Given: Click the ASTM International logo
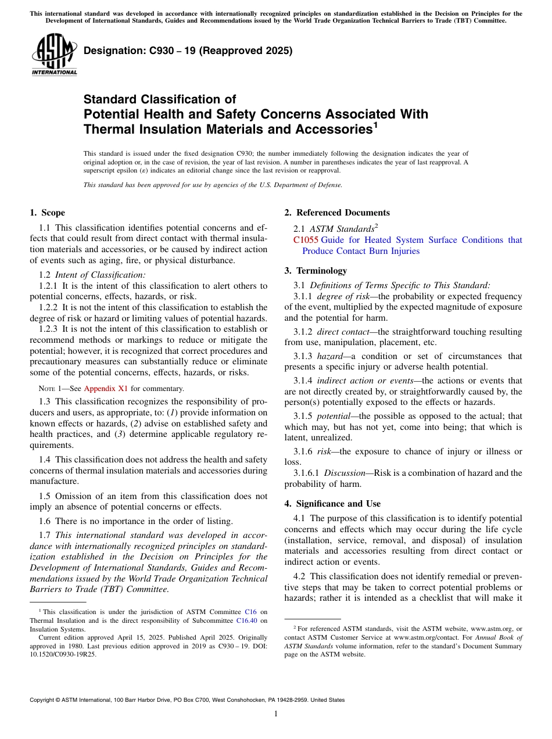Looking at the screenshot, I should [54, 55].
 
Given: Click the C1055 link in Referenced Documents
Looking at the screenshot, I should [306, 240].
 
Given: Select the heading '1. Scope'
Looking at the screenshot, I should [47, 213].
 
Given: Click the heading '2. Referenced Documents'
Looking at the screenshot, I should [336, 213].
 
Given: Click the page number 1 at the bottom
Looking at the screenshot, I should [276, 713].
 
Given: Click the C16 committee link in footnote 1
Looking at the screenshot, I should [250, 612].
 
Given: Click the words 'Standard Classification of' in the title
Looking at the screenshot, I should [160, 99].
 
